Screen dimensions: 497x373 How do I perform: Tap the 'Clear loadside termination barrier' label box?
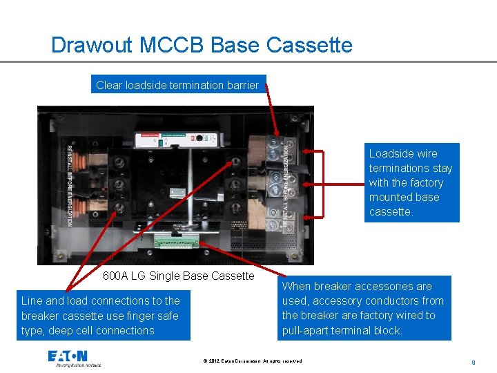click(177, 86)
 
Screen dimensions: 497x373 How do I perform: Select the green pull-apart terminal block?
click(176, 241)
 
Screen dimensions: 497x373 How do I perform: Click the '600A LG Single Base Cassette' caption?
click(178, 276)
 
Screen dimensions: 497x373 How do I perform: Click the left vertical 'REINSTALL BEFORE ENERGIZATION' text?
click(70, 185)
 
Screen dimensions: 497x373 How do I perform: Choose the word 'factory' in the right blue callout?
click(425, 182)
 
